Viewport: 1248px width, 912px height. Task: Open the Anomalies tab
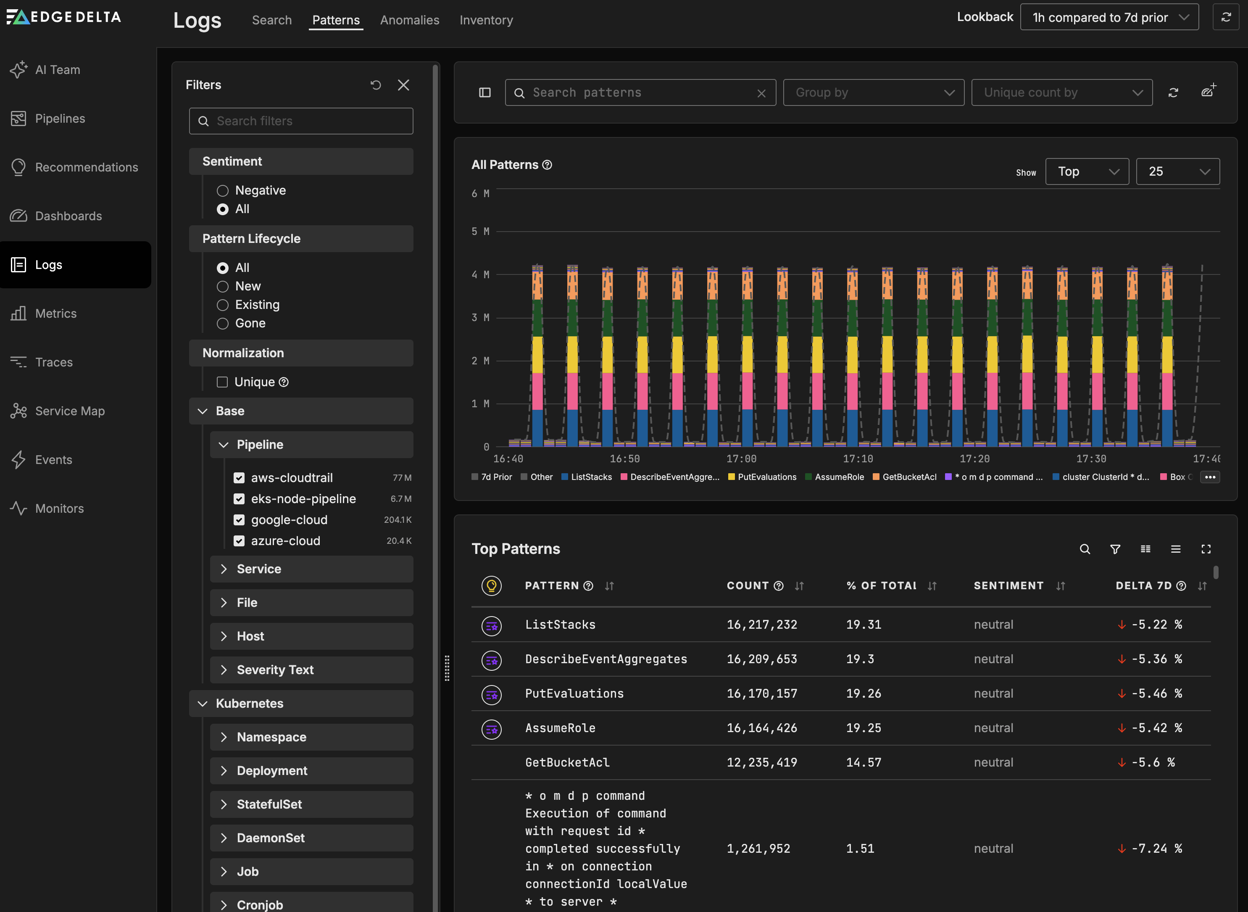click(x=410, y=20)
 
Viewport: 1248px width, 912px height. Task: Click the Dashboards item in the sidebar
click(x=68, y=216)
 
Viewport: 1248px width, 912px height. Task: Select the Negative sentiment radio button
click(x=222, y=190)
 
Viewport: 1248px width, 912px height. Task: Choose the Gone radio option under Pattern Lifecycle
click(x=222, y=324)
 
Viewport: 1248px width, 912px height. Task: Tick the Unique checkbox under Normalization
click(x=222, y=382)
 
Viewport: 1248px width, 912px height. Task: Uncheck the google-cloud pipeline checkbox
click(x=239, y=520)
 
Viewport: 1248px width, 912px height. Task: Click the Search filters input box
click(x=301, y=121)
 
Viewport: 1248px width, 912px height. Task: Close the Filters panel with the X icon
click(x=403, y=85)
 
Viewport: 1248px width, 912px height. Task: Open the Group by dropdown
click(x=873, y=93)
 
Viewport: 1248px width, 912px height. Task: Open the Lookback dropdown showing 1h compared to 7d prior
click(x=1109, y=17)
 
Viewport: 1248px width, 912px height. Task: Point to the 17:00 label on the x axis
click(x=741, y=459)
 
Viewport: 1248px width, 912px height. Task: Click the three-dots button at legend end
click(x=1209, y=477)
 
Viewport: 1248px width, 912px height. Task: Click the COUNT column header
click(x=748, y=586)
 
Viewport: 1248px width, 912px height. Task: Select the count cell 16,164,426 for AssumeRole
click(x=762, y=728)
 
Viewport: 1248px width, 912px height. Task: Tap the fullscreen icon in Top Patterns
click(x=1206, y=549)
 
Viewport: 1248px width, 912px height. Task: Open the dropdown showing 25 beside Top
click(x=1177, y=172)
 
